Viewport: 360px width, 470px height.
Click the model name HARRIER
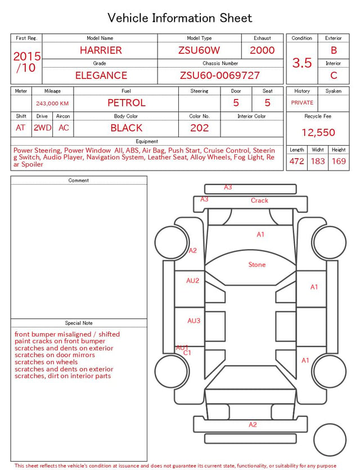click(101, 50)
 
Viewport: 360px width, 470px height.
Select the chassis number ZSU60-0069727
click(220, 75)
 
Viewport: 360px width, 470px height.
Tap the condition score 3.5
click(302, 63)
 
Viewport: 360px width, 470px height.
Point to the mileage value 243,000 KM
click(52, 104)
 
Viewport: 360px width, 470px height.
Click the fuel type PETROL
click(127, 103)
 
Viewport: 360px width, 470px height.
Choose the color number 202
click(200, 128)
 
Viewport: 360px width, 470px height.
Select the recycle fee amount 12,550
click(318, 132)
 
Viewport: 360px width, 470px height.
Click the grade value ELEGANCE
click(101, 75)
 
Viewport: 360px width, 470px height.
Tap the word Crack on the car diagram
click(259, 200)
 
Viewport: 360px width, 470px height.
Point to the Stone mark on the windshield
click(257, 265)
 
